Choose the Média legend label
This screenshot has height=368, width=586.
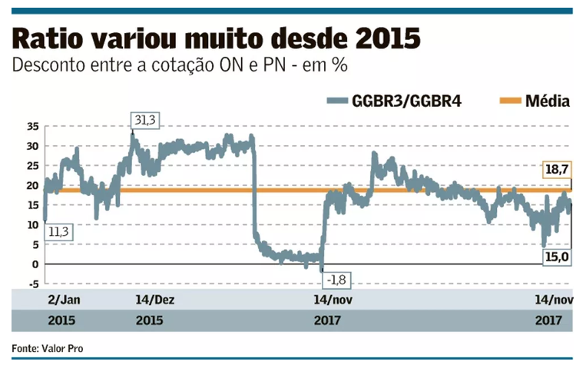548,101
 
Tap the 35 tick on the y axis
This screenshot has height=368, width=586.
31,126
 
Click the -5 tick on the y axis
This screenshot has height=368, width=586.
33,284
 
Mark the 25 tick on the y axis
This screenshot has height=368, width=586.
31,166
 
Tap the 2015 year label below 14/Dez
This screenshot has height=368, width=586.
149,320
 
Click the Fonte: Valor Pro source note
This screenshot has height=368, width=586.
48,348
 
